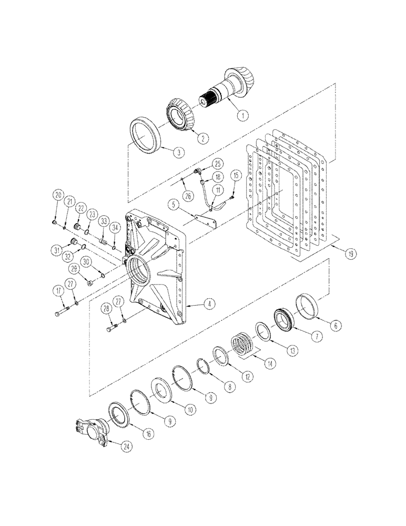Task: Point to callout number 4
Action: click(x=209, y=304)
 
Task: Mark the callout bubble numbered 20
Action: click(x=58, y=195)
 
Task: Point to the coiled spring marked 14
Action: click(x=243, y=346)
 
